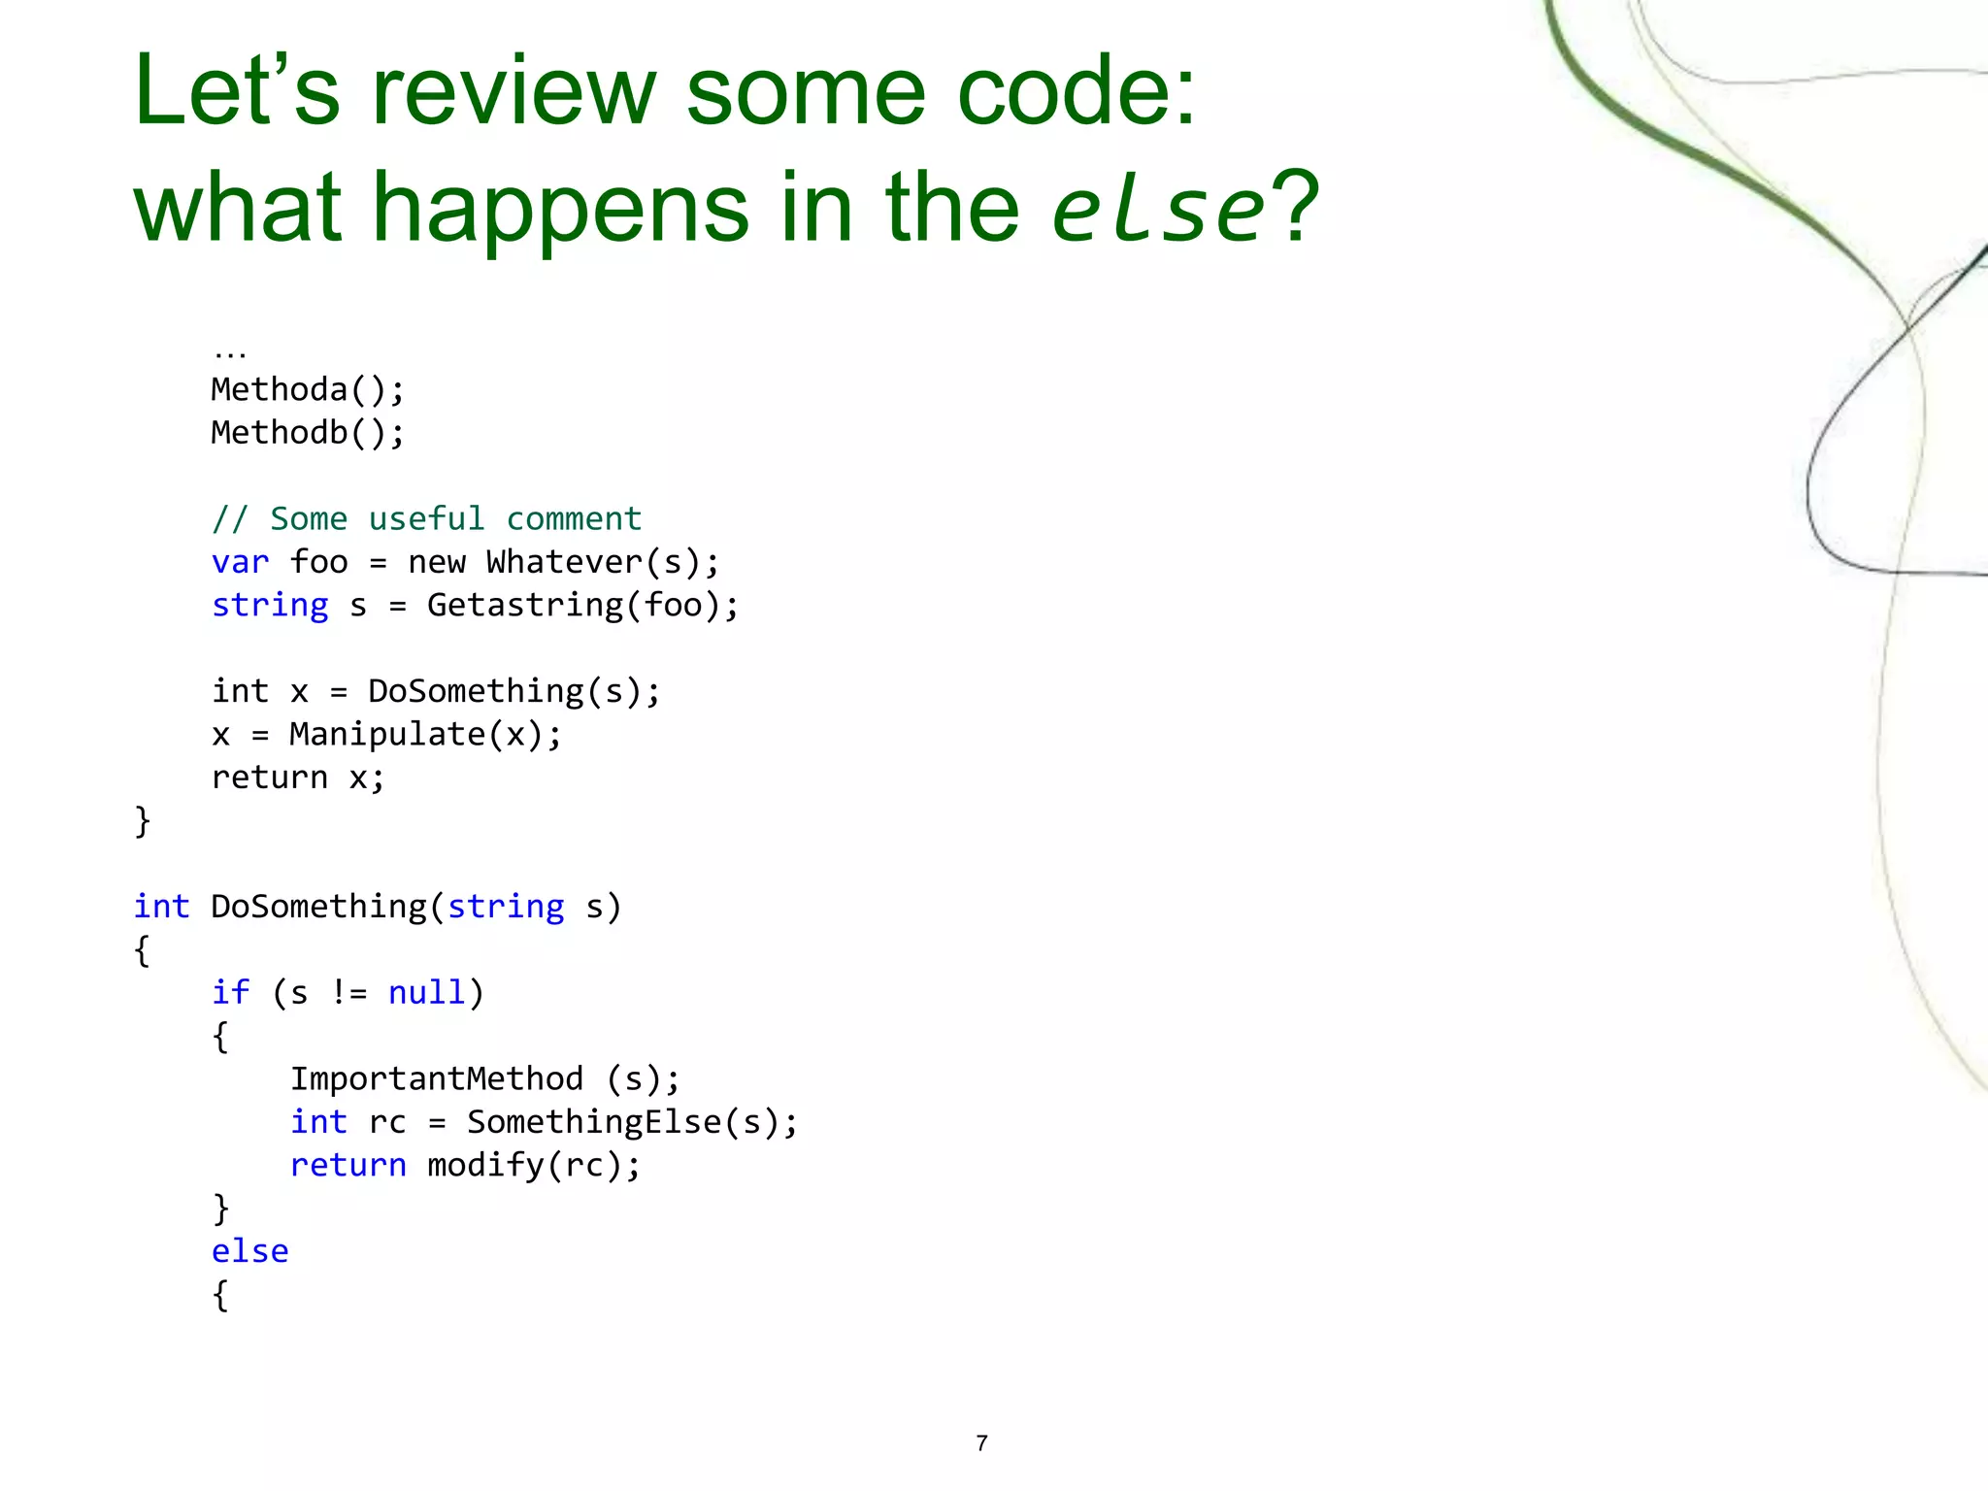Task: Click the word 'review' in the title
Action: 514,92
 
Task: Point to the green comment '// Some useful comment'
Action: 426,519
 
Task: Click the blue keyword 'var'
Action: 240,562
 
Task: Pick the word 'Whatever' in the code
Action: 564,562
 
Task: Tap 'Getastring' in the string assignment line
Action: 524,606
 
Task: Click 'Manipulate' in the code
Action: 386,735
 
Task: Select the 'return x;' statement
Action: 298,778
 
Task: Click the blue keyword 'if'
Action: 230,993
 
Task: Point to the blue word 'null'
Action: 426,993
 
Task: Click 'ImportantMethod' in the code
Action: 437,1079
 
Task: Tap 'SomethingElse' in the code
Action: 594,1122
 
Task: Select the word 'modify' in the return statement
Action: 485,1165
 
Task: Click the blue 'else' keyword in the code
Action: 249,1251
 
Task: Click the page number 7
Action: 981,1443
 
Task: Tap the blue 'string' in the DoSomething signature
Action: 505,907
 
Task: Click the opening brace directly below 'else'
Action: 220,1295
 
